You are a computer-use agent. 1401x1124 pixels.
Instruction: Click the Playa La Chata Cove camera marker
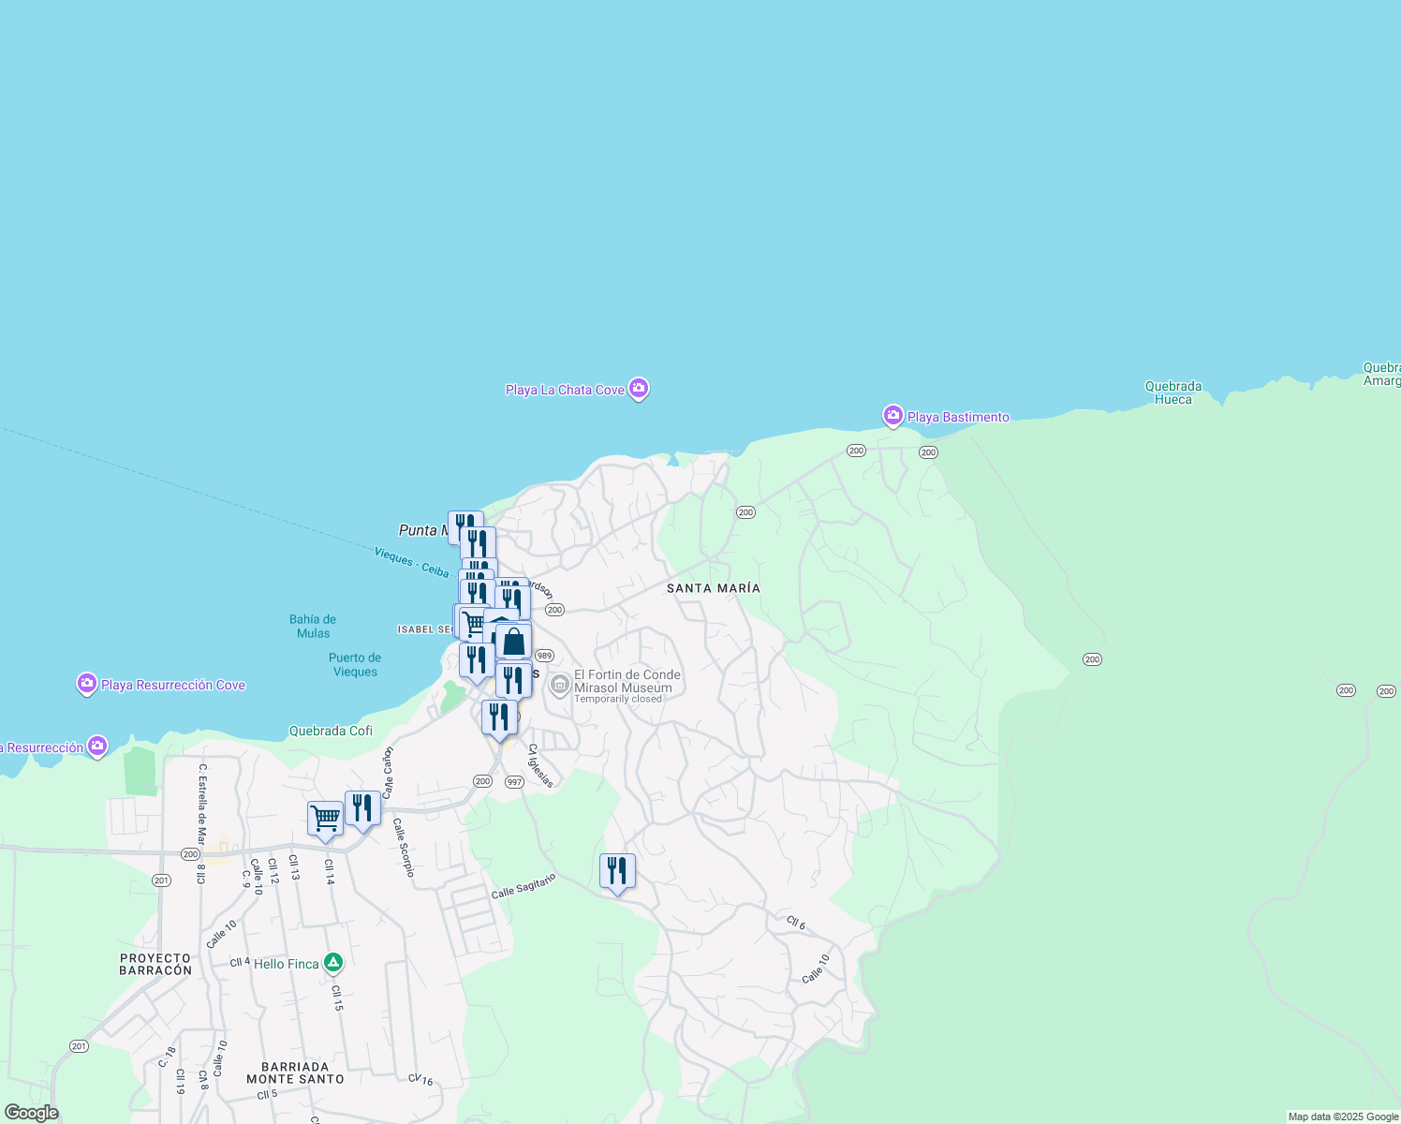[638, 388]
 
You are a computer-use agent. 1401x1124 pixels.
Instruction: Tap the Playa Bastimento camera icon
[892, 415]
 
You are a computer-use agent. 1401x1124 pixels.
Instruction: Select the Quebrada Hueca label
[1172, 392]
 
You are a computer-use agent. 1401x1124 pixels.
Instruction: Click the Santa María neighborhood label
[713, 588]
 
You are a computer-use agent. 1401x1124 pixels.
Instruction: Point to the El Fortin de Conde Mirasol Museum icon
[560, 686]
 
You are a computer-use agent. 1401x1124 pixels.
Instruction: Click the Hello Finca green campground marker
[332, 962]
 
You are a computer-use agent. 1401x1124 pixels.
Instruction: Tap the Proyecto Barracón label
[155, 964]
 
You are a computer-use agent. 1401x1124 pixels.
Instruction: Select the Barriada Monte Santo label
[295, 1072]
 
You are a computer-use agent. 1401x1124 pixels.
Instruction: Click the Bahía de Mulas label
[313, 627]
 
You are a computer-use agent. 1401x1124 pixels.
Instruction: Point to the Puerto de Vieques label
[355, 664]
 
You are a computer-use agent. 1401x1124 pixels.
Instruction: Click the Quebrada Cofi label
[331, 731]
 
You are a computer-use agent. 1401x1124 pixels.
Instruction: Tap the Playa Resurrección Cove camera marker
[87, 685]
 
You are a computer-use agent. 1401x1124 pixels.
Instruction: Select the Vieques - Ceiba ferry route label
[411, 562]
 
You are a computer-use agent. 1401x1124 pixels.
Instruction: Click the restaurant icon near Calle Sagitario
[617, 871]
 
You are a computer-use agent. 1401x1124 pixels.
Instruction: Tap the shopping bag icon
[513, 643]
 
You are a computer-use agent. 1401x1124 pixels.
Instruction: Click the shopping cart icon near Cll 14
[325, 819]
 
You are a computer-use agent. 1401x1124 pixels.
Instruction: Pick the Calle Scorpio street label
[404, 848]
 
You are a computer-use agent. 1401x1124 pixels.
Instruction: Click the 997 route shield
[513, 782]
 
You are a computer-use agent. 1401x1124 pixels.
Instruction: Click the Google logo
[31, 1113]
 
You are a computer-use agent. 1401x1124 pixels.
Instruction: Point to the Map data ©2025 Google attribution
[1342, 1117]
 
